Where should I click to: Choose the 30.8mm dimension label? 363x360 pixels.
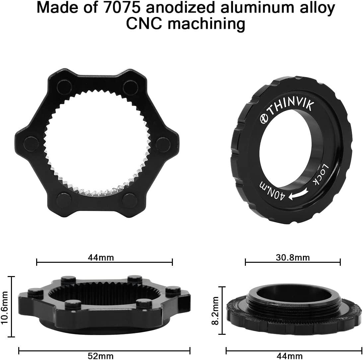pyautogui.click(x=292, y=257)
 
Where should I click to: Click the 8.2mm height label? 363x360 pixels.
pyautogui.click(x=215, y=311)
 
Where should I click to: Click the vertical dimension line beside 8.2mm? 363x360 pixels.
pyautogui.click(x=223, y=311)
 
